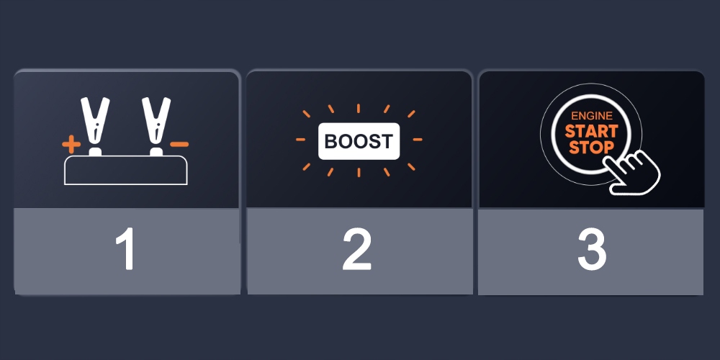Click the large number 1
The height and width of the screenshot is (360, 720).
(x=126, y=251)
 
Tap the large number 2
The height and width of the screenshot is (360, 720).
(x=358, y=251)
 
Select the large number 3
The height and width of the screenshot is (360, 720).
(x=591, y=251)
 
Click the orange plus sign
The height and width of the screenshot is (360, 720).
(x=71, y=145)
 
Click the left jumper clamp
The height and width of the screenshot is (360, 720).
(x=94, y=122)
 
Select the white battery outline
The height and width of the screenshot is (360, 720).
(x=126, y=171)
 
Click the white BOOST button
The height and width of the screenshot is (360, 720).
(x=359, y=140)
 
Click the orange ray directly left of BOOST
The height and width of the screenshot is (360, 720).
(x=301, y=140)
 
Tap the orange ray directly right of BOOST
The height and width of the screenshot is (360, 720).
(x=418, y=140)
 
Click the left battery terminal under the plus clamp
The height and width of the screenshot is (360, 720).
(x=94, y=153)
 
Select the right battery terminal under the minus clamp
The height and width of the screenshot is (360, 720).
(x=155, y=153)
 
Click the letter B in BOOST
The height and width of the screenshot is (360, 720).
(x=331, y=141)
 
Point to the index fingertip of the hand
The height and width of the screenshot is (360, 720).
(x=608, y=161)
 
